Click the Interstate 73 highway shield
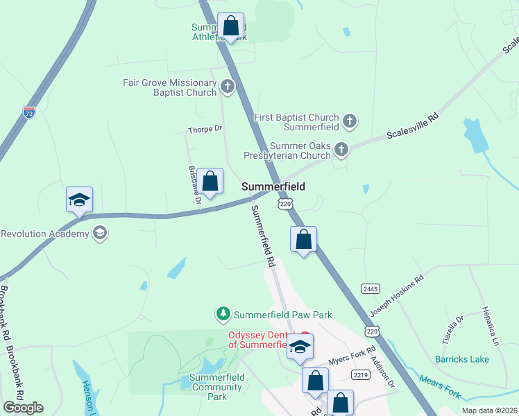(x=28, y=112)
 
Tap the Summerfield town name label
(x=273, y=187)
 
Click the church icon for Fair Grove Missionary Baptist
(x=227, y=87)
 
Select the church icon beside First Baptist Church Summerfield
(x=350, y=122)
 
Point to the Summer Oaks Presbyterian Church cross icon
(x=341, y=150)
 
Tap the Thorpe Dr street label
(x=205, y=129)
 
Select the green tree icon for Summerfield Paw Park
(x=223, y=314)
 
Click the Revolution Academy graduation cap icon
(x=100, y=233)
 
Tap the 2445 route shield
(x=370, y=288)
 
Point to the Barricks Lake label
(x=461, y=359)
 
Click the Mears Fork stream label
(x=441, y=386)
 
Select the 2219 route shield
(x=360, y=375)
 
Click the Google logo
(x=23, y=407)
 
